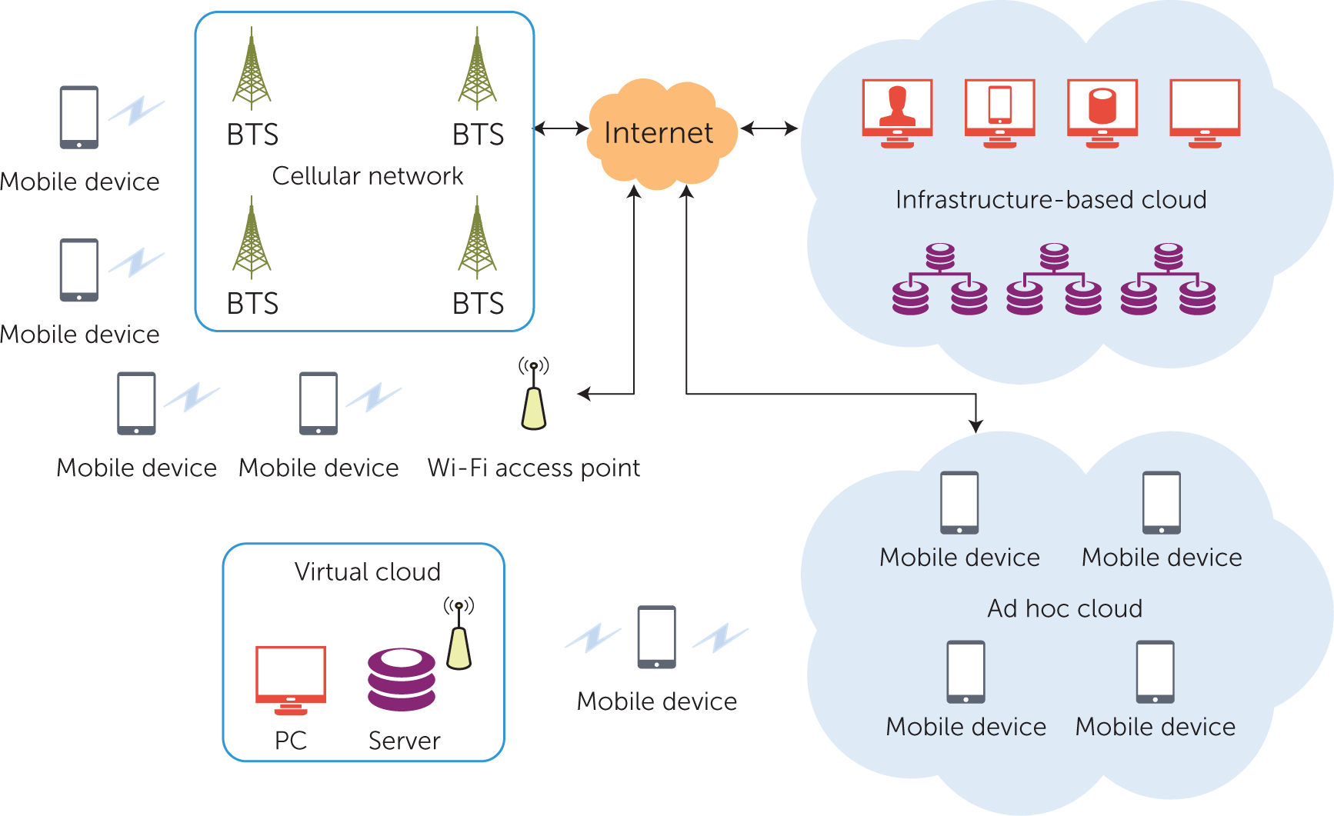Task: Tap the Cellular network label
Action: click(368, 176)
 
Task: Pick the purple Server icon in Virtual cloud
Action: click(402, 679)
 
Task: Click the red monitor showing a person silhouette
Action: click(897, 112)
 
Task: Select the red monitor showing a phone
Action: click(999, 112)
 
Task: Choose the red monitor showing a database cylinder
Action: click(1102, 112)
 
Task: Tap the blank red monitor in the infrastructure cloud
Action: click(1205, 112)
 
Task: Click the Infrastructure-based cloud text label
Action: click(1051, 200)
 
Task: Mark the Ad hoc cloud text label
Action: click(1065, 608)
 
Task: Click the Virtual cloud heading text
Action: click(368, 572)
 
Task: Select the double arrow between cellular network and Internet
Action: click(561, 128)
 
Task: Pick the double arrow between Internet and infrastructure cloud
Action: click(769, 128)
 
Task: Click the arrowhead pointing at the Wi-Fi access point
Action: click(584, 395)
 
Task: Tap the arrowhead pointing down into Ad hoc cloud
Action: click(976, 426)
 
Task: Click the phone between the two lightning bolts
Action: click(657, 638)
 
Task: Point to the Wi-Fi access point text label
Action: click(534, 468)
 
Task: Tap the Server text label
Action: click(405, 741)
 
